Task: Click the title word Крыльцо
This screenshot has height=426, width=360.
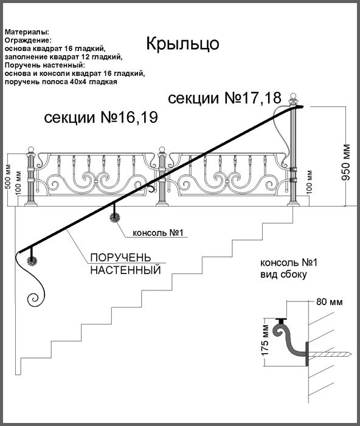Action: click(x=182, y=44)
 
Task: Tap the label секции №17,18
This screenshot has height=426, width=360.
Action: click(x=224, y=98)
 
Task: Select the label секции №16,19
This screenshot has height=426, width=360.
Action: click(x=101, y=118)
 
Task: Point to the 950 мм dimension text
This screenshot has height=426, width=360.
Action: click(x=346, y=162)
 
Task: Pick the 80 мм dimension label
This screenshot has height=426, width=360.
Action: click(x=329, y=302)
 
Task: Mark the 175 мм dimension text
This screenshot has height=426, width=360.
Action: click(x=265, y=340)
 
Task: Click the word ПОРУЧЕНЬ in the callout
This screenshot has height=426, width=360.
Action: click(x=120, y=257)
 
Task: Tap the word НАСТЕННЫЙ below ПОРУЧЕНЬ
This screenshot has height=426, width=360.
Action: click(x=126, y=270)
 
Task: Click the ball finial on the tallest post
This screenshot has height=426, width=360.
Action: click(x=293, y=96)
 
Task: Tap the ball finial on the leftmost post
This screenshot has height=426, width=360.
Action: click(x=31, y=149)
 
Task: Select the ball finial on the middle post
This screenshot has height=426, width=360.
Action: click(x=162, y=149)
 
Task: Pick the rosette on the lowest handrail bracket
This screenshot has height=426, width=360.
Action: click(x=32, y=261)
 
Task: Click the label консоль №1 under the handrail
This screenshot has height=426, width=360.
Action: click(x=158, y=233)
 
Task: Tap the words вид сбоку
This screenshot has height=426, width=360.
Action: click(x=283, y=275)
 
